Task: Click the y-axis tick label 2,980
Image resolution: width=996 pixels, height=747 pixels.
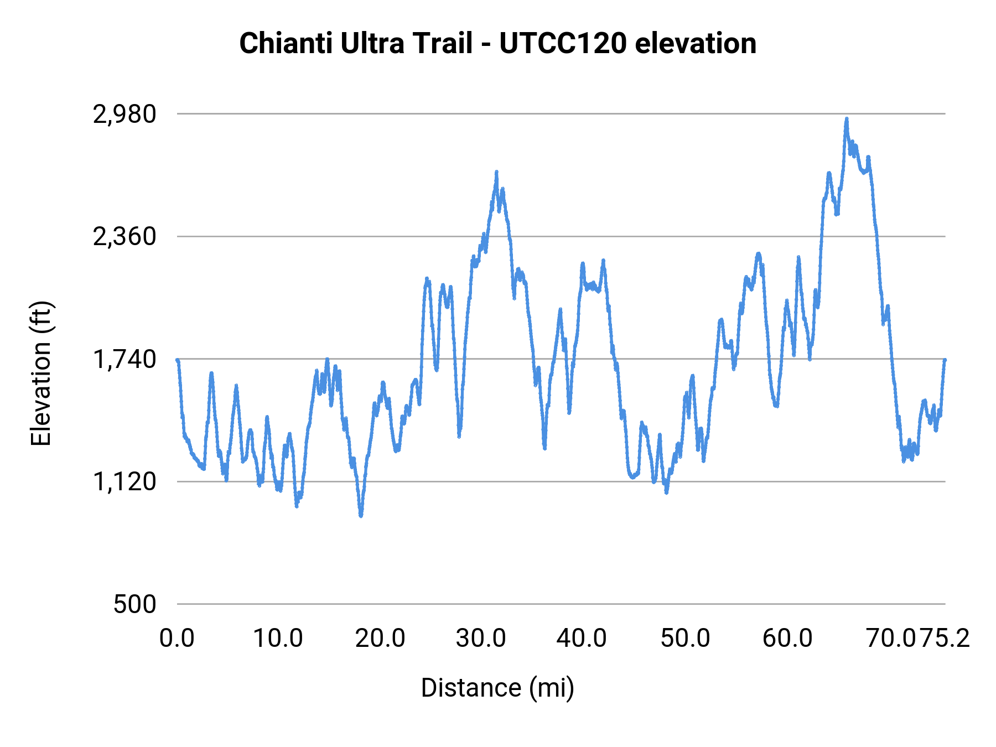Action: tap(124, 115)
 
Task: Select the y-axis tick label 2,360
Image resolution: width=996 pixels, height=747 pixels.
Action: tap(124, 237)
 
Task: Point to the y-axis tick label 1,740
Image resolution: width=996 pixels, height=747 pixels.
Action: tap(124, 360)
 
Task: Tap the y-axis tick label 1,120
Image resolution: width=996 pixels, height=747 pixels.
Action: tap(124, 482)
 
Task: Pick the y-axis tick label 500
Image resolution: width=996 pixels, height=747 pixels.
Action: tap(135, 604)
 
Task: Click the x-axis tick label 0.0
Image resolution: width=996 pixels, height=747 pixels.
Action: tap(177, 638)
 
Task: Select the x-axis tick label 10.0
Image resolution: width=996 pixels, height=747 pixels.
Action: tap(278, 638)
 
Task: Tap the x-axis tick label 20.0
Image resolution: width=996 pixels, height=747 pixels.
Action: tap(380, 638)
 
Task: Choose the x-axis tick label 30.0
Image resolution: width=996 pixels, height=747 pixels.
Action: tap(481, 638)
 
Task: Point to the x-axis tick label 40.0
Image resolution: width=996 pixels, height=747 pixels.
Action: tap(582, 638)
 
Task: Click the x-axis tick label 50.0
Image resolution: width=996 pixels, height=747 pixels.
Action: tap(685, 638)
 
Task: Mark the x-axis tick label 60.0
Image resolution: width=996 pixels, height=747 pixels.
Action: tap(787, 638)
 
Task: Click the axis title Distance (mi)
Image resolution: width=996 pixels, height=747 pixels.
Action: tap(497, 688)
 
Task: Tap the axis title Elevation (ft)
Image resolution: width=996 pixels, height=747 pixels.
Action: tap(41, 373)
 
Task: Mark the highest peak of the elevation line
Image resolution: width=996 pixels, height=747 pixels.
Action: tap(846, 118)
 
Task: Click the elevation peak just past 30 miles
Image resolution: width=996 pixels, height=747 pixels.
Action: tap(496, 172)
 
